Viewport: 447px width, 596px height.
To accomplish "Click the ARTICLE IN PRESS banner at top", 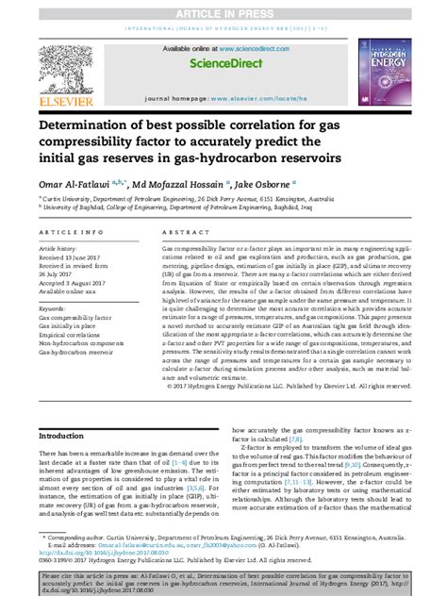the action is (223, 7).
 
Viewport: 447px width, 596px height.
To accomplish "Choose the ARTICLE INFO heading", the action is (73, 231).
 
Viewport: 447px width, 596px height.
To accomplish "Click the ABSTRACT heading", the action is (182, 231).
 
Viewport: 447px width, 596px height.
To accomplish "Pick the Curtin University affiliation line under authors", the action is (187, 200).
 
